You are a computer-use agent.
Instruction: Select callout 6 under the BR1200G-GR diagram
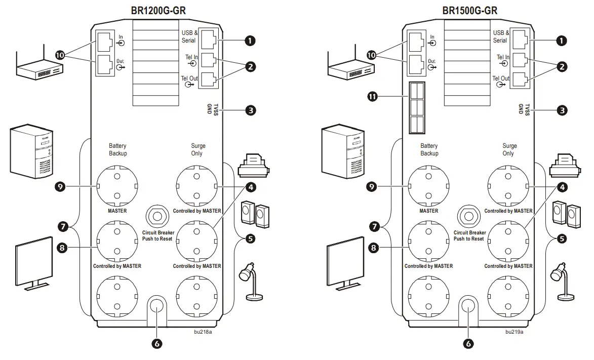pos(157,343)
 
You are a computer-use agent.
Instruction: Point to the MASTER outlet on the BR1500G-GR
pos(429,186)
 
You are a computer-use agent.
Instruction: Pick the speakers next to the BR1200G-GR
pos(256,214)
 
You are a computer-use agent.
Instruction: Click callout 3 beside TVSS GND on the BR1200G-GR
pos(249,110)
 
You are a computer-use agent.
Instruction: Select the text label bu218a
pos(203,332)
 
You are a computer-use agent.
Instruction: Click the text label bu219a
pos(514,332)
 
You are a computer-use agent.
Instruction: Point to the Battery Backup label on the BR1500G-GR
pos(429,149)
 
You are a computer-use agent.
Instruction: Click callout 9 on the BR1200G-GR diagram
pos(60,186)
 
